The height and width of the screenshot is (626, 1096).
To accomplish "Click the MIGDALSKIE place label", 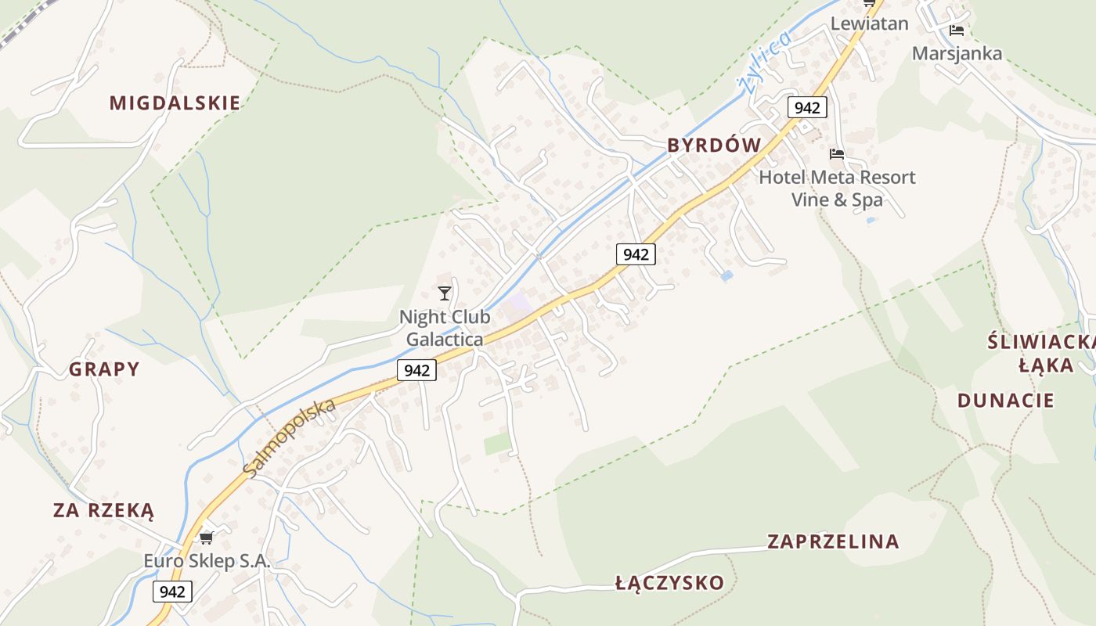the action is pyautogui.click(x=175, y=103).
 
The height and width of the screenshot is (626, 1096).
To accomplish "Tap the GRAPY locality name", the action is pyautogui.click(x=104, y=369).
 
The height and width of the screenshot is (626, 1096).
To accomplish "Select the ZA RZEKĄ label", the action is pyautogui.click(x=104, y=511).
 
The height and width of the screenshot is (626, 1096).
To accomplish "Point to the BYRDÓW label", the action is pyautogui.click(x=714, y=145).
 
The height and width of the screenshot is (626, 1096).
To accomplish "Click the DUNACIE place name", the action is pyautogui.click(x=1006, y=401).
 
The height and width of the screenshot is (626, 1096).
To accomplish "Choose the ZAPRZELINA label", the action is pyautogui.click(x=833, y=541).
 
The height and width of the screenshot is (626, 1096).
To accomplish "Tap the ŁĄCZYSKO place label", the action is pyautogui.click(x=669, y=583).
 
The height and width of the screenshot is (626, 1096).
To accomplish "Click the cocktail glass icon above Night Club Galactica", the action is pyautogui.click(x=445, y=293).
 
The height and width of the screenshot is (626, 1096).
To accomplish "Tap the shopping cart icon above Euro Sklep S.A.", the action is pyautogui.click(x=206, y=538).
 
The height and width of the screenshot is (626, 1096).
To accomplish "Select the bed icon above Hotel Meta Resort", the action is pyautogui.click(x=837, y=154).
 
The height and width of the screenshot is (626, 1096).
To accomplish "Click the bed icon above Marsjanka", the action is pyautogui.click(x=956, y=31).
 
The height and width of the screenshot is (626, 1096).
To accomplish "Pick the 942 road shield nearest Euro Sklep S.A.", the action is pyautogui.click(x=172, y=592).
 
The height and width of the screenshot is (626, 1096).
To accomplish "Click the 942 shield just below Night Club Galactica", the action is pyautogui.click(x=416, y=370).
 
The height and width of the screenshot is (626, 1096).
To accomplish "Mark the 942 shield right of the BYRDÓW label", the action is pyautogui.click(x=806, y=107).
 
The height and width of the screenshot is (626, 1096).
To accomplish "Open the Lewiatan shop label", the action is pyautogui.click(x=869, y=23).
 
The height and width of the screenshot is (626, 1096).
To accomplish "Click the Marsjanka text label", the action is pyautogui.click(x=957, y=53).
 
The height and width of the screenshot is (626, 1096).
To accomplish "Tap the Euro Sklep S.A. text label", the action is pyautogui.click(x=207, y=561).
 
